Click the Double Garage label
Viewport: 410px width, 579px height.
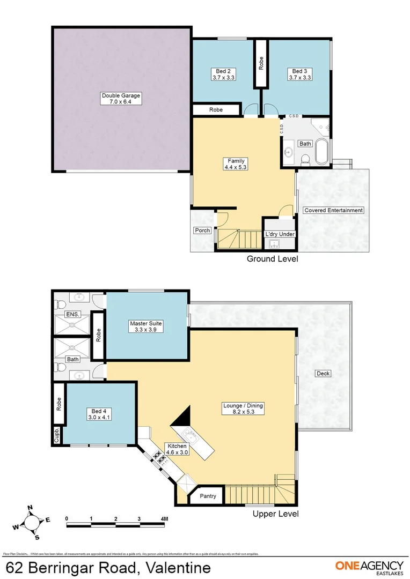[121, 99]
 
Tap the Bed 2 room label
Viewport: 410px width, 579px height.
[223, 74]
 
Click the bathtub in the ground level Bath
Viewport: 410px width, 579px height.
[321, 152]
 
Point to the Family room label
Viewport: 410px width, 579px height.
[236, 164]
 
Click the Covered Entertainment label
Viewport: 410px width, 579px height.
[333, 210]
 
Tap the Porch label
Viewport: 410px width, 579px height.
[202, 231]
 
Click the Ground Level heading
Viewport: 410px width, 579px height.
[272, 259]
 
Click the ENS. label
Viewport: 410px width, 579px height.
[72, 315]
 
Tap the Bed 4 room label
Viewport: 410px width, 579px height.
[98, 414]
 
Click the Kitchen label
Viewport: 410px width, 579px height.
[177, 449]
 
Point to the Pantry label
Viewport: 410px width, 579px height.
[208, 496]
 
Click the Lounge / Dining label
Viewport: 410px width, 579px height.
[243, 409]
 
